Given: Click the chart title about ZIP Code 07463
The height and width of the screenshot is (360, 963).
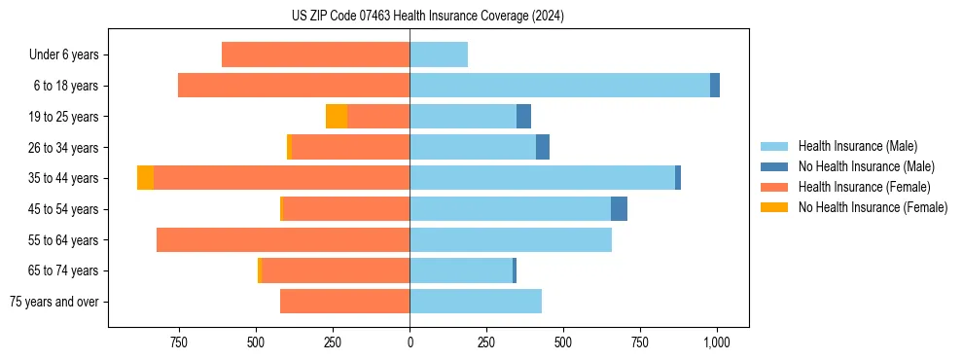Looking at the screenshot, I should pyautogui.click(x=427, y=16).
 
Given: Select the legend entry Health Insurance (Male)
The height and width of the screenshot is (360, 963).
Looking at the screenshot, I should pyautogui.click(x=856, y=146).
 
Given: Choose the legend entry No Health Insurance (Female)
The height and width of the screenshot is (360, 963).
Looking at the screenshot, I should pyautogui.click(x=873, y=207).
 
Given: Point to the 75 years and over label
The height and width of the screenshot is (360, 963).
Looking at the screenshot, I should pyautogui.click(x=54, y=302).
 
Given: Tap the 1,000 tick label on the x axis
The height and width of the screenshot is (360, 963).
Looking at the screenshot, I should pyautogui.click(x=717, y=342).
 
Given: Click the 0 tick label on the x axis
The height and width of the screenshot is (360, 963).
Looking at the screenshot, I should pyautogui.click(x=410, y=342).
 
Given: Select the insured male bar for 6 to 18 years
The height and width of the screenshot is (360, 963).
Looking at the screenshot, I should pyautogui.click(x=559, y=86).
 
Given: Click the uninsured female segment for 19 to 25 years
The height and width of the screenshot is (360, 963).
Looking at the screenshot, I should pyautogui.click(x=337, y=117).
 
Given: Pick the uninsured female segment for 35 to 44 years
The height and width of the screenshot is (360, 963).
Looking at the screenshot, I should pyautogui.click(x=145, y=178).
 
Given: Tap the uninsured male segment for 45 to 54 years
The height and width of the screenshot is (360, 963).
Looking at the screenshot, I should pyautogui.click(x=619, y=209).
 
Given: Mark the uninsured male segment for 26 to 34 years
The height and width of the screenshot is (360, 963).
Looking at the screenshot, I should pyautogui.click(x=543, y=147).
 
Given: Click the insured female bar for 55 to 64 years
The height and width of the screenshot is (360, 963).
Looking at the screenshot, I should pyautogui.click(x=283, y=239).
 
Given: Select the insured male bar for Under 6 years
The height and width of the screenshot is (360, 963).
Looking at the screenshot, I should pyautogui.click(x=439, y=54).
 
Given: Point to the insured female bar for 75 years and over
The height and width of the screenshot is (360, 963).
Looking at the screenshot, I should pyautogui.click(x=344, y=302).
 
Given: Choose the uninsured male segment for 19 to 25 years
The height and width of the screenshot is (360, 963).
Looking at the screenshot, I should pyautogui.click(x=523, y=117).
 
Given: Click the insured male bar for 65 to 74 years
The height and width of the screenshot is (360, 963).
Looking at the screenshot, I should pyautogui.click(x=461, y=270).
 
